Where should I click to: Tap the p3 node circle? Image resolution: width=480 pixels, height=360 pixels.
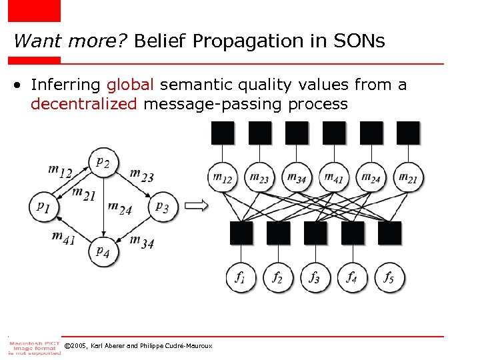click(x=162, y=207)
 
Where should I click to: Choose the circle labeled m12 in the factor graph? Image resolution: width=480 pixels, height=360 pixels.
click(x=223, y=177)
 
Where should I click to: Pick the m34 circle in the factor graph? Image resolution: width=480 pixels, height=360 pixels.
click(x=297, y=177)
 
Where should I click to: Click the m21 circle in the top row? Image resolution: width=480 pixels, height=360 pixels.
click(x=408, y=177)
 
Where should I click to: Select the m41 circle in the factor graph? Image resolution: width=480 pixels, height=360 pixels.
click(x=334, y=177)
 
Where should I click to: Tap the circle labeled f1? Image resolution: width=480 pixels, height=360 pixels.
click(x=241, y=277)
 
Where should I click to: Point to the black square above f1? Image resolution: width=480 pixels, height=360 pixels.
click(x=241, y=233)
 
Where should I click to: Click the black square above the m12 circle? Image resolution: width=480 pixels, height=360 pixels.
click(x=223, y=133)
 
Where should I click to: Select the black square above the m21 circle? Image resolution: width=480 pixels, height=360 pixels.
click(x=408, y=133)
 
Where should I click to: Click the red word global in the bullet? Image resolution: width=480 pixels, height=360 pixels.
click(x=131, y=85)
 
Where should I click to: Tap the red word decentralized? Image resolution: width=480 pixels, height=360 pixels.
click(x=83, y=104)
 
